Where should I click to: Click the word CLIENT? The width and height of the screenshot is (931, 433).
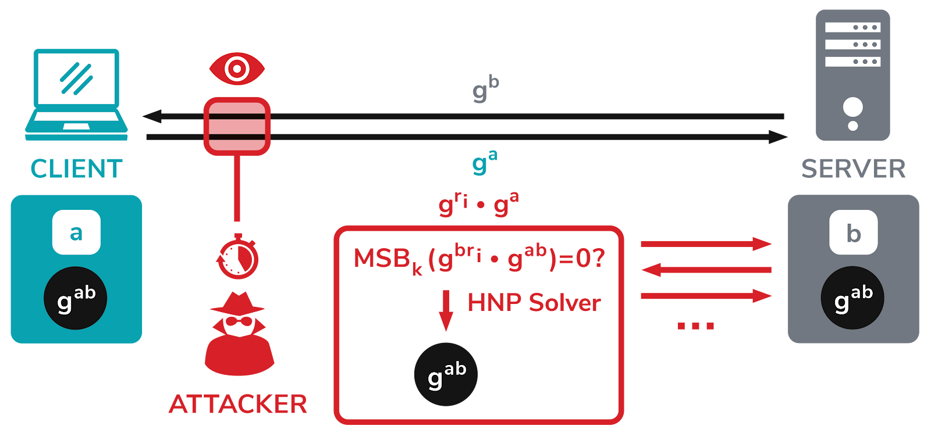pyautogui.click(x=76, y=169)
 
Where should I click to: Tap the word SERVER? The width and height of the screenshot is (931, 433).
pyautogui.click(x=853, y=169)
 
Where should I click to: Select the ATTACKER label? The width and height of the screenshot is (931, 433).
pyautogui.click(x=238, y=404)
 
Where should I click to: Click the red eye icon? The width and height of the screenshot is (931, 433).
pyautogui.click(x=237, y=69)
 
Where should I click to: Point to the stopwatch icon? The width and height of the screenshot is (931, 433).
pyautogui.click(x=238, y=256)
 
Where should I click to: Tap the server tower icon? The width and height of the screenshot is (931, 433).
pyautogui.click(x=852, y=75)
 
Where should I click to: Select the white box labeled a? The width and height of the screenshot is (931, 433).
pyautogui.click(x=76, y=232)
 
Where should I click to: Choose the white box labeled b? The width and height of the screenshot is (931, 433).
pyautogui.click(x=853, y=232)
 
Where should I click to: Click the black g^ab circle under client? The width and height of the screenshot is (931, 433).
pyautogui.click(x=76, y=298)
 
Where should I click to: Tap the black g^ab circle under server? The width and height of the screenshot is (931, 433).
pyautogui.click(x=852, y=298)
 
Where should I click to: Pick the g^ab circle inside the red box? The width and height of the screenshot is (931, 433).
pyautogui.click(x=446, y=374)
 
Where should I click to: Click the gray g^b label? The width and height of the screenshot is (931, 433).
pyautogui.click(x=485, y=89)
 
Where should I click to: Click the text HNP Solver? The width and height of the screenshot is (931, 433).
pyautogui.click(x=534, y=303)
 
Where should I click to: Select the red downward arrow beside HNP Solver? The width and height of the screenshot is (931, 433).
pyautogui.click(x=446, y=310)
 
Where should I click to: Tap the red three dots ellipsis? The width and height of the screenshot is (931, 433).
pyautogui.click(x=695, y=326)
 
